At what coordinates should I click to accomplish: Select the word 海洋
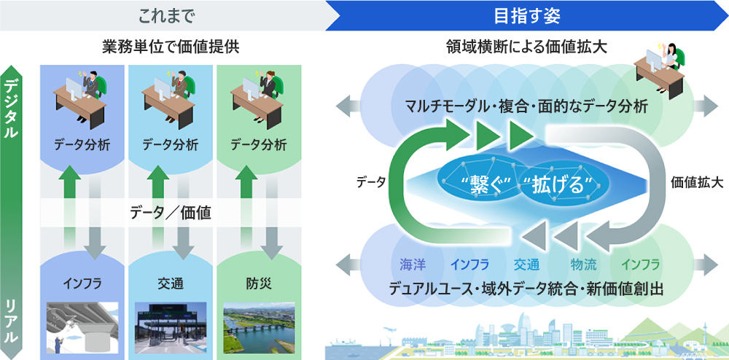(x=411, y=264)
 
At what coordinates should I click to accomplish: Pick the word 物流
(x=582, y=264)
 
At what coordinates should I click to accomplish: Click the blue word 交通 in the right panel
(x=526, y=264)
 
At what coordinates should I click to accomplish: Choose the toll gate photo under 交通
(x=170, y=328)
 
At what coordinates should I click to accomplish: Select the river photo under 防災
(x=259, y=328)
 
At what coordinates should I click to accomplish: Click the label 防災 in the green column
(x=258, y=282)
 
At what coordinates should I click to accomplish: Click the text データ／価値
(x=171, y=214)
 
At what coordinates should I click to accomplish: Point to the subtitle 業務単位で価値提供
(x=171, y=48)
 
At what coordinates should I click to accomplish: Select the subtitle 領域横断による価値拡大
(x=527, y=48)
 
